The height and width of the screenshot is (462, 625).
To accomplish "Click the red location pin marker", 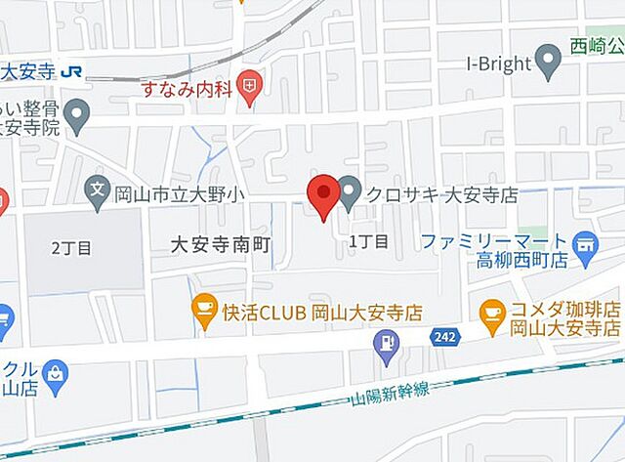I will click(x=322, y=196).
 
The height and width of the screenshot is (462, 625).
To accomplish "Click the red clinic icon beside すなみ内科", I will click(x=252, y=87).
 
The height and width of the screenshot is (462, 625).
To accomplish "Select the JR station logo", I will click(x=70, y=71).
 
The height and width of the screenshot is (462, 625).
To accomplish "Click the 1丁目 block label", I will click(x=369, y=240).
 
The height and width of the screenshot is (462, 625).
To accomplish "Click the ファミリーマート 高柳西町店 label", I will click(x=494, y=250).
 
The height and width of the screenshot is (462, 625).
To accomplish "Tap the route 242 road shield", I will click(x=442, y=336).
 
